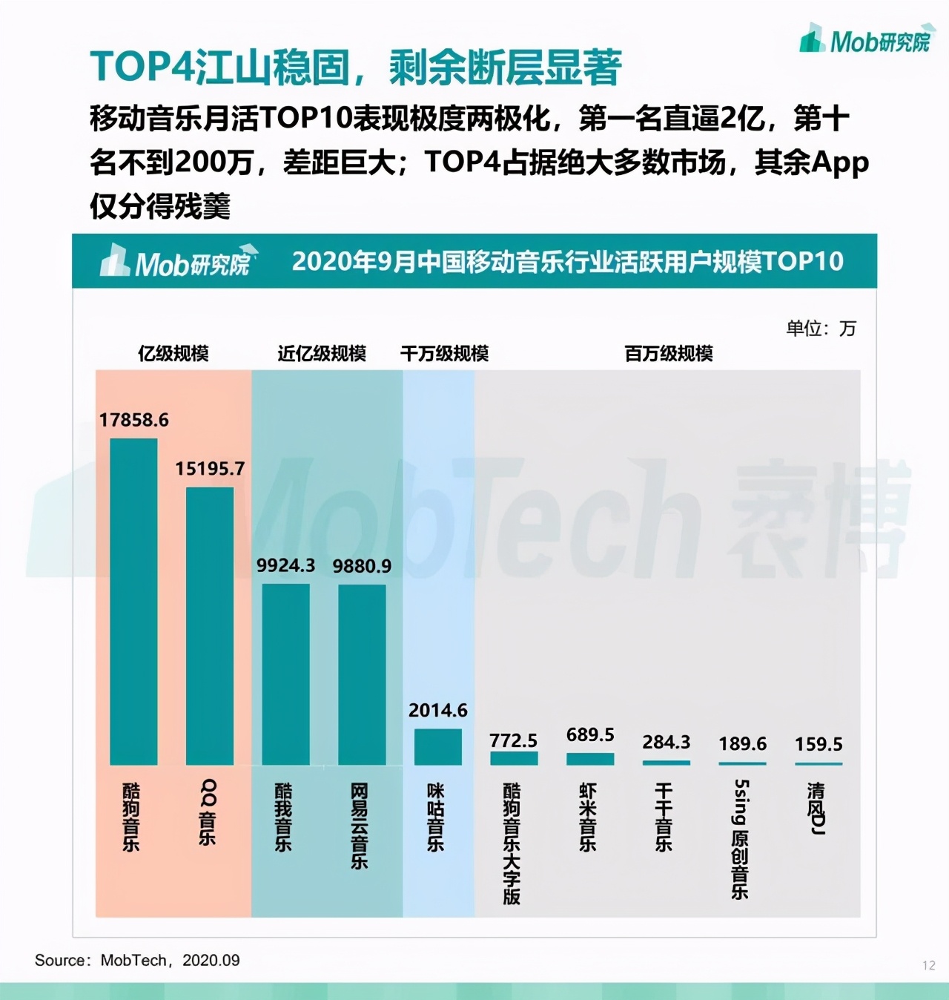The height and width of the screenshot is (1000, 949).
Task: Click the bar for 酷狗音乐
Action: click(x=133, y=601)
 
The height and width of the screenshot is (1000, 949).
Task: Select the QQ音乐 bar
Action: click(x=210, y=625)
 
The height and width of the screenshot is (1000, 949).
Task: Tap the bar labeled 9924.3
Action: click(x=285, y=674)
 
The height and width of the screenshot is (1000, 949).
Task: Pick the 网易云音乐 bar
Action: click(x=362, y=674)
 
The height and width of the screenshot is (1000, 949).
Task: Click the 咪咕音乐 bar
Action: click(x=437, y=746)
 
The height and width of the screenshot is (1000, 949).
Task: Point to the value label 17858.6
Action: click(x=134, y=420)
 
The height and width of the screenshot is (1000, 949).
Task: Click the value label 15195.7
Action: click(x=210, y=469)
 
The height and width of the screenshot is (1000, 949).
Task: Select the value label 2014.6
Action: click(x=438, y=711)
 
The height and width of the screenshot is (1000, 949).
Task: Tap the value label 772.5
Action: click(x=514, y=740)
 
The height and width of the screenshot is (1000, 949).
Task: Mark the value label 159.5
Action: click(x=819, y=744)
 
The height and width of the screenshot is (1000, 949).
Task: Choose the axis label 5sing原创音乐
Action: click(x=741, y=838)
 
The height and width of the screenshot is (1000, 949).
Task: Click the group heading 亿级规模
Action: click(x=173, y=353)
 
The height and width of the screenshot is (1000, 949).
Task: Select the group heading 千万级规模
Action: click(x=445, y=353)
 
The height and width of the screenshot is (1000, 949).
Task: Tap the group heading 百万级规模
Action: click(x=669, y=353)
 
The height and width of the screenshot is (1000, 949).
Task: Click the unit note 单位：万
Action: click(x=821, y=328)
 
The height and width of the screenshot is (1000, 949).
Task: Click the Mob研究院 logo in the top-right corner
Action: click(x=865, y=40)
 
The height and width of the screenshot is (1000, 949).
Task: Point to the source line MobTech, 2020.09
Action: click(x=137, y=960)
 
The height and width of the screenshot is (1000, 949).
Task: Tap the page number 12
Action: click(x=929, y=965)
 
